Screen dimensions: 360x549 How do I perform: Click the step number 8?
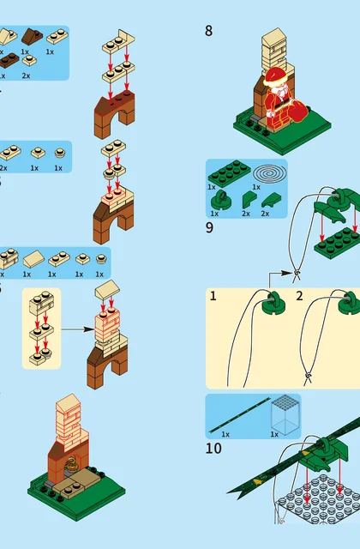click(x=208, y=31)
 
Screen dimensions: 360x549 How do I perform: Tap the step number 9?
click(x=209, y=228)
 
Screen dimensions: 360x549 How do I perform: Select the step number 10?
click(x=213, y=448)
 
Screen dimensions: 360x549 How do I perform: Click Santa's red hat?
click(x=276, y=75)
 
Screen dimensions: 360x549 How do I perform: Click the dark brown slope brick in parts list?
click(x=33, y=37)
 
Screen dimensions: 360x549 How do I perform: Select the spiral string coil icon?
click(x=270, y=173)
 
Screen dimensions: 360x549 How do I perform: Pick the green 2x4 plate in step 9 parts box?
click(x=229, y=171)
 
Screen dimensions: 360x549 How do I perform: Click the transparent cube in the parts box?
click(x=285, y=414)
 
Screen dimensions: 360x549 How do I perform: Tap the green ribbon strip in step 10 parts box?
click(x=240, y=415)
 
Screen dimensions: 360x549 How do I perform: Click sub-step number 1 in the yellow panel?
click(x=213, y=296)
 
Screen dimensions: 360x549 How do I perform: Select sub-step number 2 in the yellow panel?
click(x=299, y=296)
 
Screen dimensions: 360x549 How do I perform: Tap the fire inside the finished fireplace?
click(x=72, y=464)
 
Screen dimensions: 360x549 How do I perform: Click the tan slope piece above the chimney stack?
click(x=107, y=289)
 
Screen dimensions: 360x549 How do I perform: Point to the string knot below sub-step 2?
click(x=309, y=376)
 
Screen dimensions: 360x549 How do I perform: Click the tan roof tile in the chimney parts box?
click(x=33, y=259)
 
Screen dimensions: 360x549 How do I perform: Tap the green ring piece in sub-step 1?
click(x=274, y=302)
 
